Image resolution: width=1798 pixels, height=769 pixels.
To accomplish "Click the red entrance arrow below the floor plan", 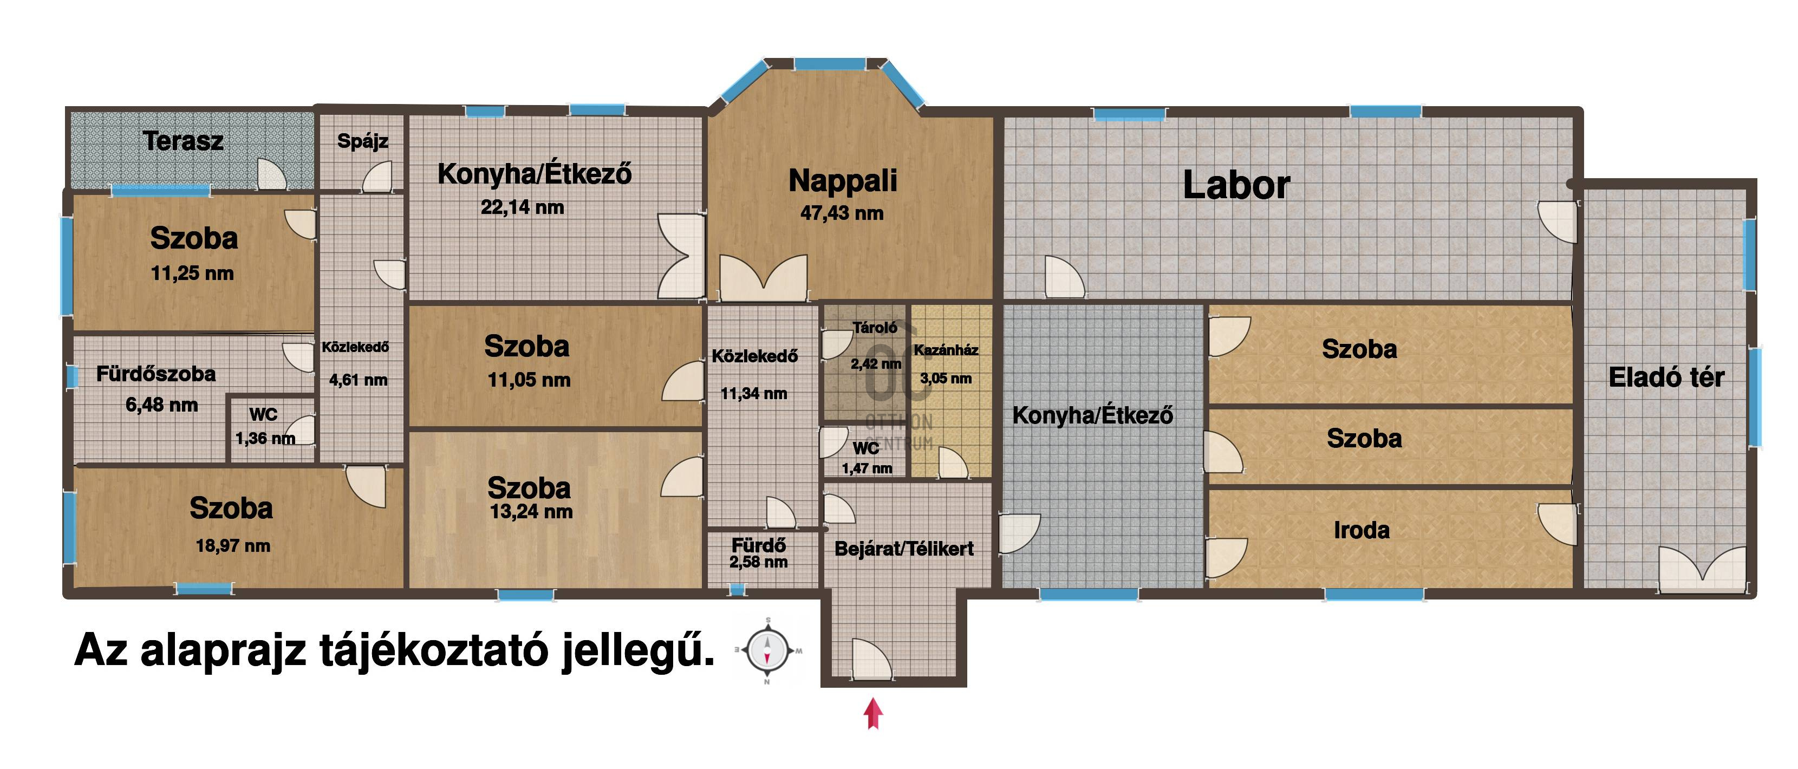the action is point(873,714).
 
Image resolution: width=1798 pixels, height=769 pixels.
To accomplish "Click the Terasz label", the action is point(184,141).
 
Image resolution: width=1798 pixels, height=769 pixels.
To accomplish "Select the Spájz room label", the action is point(362,142).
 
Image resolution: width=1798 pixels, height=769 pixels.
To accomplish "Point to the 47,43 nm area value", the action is point(842,213).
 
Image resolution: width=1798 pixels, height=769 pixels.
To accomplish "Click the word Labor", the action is point(1236,186).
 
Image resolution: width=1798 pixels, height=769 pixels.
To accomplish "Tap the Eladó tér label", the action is point(1666,377).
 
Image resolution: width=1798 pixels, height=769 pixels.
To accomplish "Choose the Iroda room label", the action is point(1361,530).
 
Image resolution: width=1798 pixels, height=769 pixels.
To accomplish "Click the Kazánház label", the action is point(946,350).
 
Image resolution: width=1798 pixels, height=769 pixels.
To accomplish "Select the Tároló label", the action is point(875,327).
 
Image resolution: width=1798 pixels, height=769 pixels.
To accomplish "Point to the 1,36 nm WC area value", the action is point(265,438).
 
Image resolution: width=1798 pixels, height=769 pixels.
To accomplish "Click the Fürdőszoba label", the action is point(155,374).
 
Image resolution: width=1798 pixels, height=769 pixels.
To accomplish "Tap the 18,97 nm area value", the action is point(232,546).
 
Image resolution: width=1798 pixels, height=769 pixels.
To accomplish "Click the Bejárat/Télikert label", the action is point(904,549).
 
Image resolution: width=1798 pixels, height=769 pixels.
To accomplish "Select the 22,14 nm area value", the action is point(522,207).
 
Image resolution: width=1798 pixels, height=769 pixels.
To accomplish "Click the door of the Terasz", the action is point(272,174).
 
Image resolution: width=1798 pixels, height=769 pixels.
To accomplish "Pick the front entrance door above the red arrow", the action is point(871,658).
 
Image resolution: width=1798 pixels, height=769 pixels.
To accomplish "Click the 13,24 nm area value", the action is point(531,512).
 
